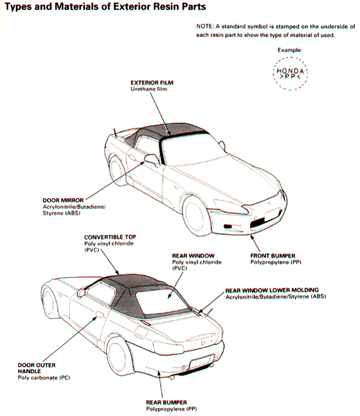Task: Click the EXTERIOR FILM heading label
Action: tap(152, 83)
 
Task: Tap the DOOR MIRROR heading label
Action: tap(63, 200)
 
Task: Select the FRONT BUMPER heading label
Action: tap(273, 256)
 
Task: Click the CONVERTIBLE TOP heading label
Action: tap(110, 237)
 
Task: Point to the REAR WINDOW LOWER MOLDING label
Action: tap(272, 290)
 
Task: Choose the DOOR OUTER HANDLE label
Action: tap(36, 368)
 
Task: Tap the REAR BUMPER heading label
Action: tap(167, 403)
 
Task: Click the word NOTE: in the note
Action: tap(205, 26)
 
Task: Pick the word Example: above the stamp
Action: tap(290, 50)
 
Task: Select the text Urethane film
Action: tap(149, 89)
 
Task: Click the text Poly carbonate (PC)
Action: tap(44, 377)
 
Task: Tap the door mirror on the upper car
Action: tap(152, 160)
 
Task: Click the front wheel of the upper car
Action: tap(193, 215)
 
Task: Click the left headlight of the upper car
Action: tap(232, 207)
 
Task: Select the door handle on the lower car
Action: tap(100, 314)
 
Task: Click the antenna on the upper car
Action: tap(115, 133)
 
